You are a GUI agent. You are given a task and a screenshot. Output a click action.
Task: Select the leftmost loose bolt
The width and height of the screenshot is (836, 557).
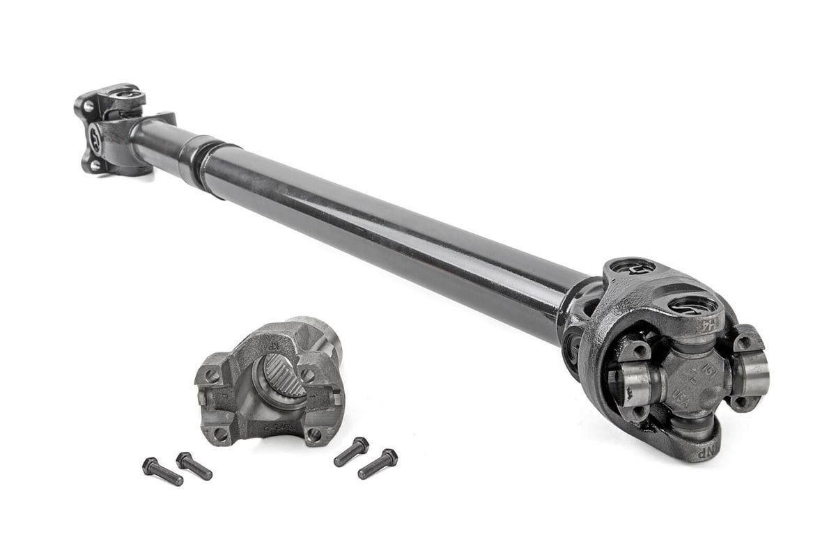pos(162,471)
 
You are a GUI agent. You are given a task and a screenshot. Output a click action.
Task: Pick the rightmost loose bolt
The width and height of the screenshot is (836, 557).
pos(378,464)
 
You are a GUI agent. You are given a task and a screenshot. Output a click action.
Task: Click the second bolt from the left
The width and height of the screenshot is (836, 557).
pos(194,466)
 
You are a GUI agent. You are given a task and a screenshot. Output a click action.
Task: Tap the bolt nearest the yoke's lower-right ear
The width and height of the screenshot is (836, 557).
pos(351,452)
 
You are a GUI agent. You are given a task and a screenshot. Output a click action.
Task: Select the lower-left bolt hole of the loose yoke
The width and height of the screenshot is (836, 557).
pos(221,434)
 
